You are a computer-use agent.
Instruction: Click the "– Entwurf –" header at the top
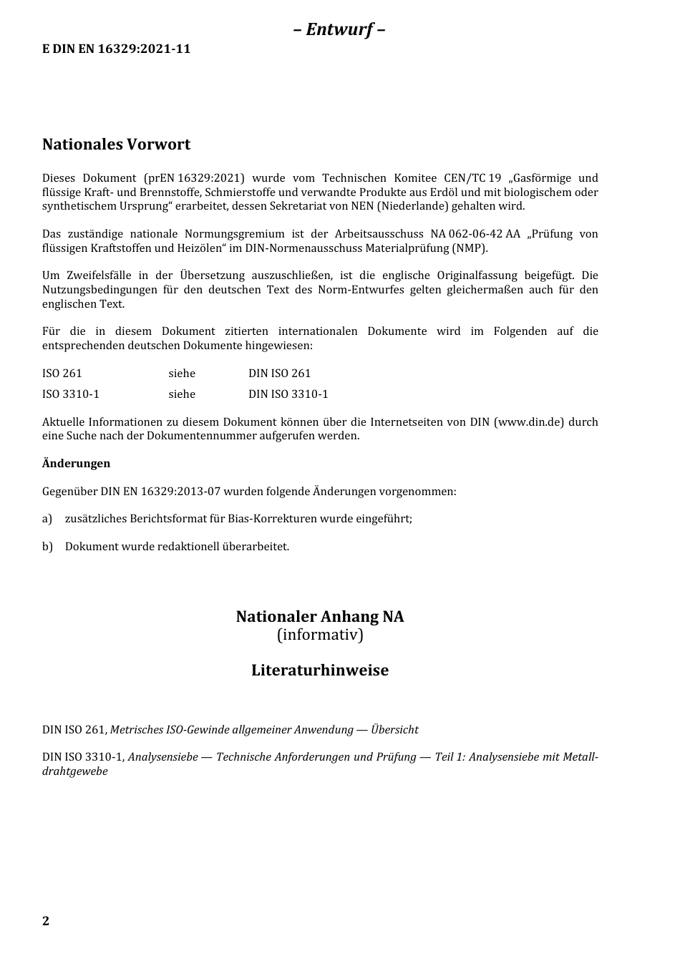tap(339, 29)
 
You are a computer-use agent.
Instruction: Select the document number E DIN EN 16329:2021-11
tap(117, 49)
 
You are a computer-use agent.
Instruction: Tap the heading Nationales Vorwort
tap(116, 145)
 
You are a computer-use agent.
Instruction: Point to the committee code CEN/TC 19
tap(472, 178)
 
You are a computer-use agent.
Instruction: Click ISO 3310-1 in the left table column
tap(71, 394)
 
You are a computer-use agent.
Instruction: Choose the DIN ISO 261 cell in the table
tap(279, 374)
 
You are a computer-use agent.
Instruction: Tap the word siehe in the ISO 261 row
tap(182, 374)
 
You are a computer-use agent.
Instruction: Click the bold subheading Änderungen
tap(76, 464)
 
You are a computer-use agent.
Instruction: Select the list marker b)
tap(47, 547)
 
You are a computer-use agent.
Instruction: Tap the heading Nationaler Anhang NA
tap(320, 617)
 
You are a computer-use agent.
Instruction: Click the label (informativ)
tap(320, 635)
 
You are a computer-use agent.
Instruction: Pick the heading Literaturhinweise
tap(320, 670)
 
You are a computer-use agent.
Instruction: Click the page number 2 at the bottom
tap(46, 921)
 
